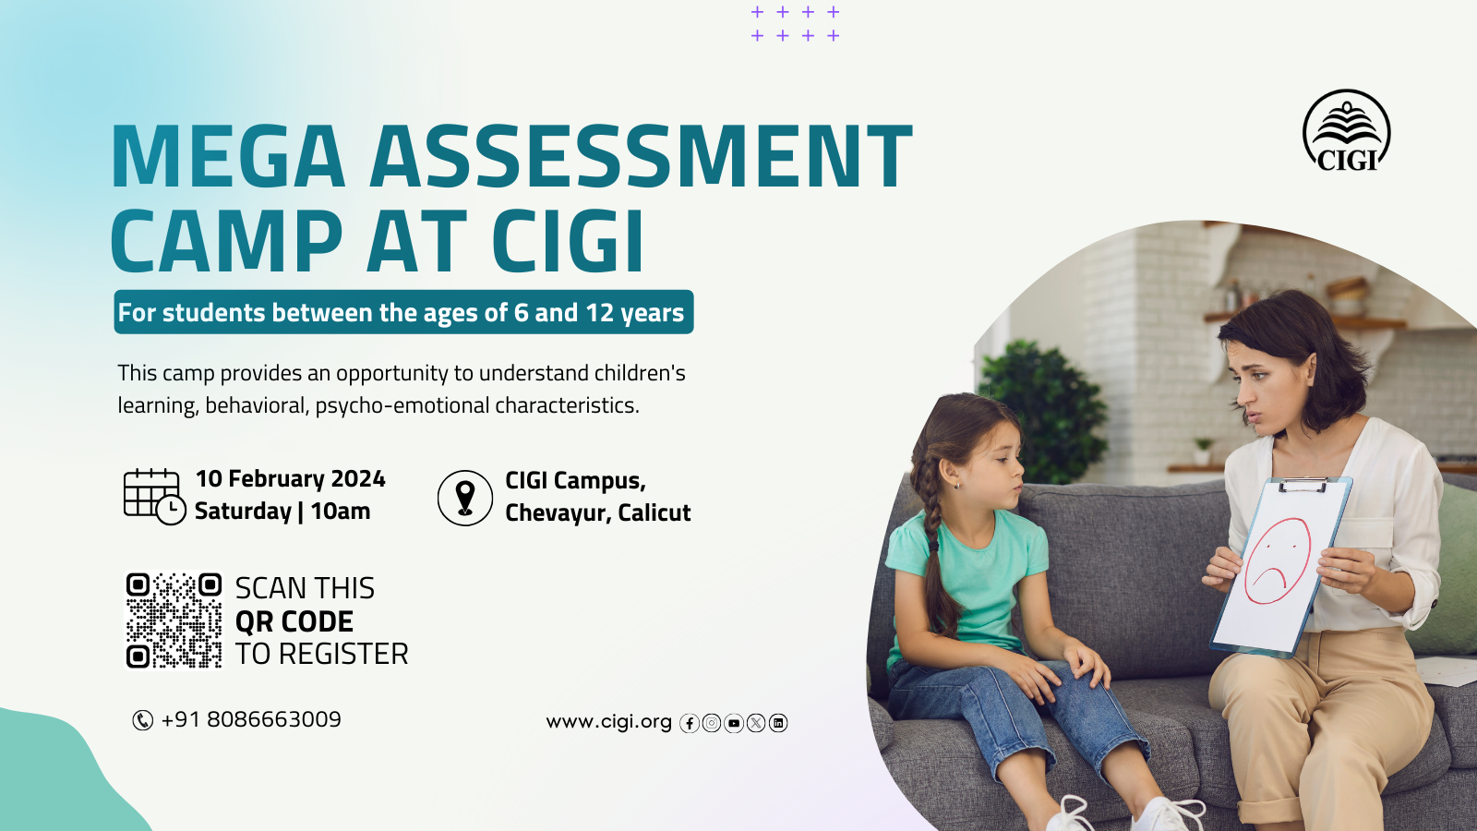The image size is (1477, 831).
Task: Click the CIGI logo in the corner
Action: click(1347, 130)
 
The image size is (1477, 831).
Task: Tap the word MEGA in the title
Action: click(228, 157)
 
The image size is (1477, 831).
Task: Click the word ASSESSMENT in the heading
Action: click(641, 157)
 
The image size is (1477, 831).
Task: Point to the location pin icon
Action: click(465, 498)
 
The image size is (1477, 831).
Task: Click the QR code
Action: click(174, 620)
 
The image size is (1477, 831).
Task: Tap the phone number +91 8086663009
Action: click(251, 719)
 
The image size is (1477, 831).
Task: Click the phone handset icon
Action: click(142, 720)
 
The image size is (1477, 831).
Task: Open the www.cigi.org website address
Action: click(608, 722)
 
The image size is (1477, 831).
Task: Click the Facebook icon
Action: click(689, 724)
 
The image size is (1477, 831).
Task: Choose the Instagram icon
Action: click(712, 724)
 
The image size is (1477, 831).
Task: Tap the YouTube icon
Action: click(734, 724)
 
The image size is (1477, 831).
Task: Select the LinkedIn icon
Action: click(778, 724)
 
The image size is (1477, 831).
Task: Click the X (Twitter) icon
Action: click(756, 724)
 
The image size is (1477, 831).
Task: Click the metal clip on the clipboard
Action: click(1303, 485)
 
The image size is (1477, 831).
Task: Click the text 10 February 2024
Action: click(290, 479)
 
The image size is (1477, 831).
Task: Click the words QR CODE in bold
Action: click(294, 621)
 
